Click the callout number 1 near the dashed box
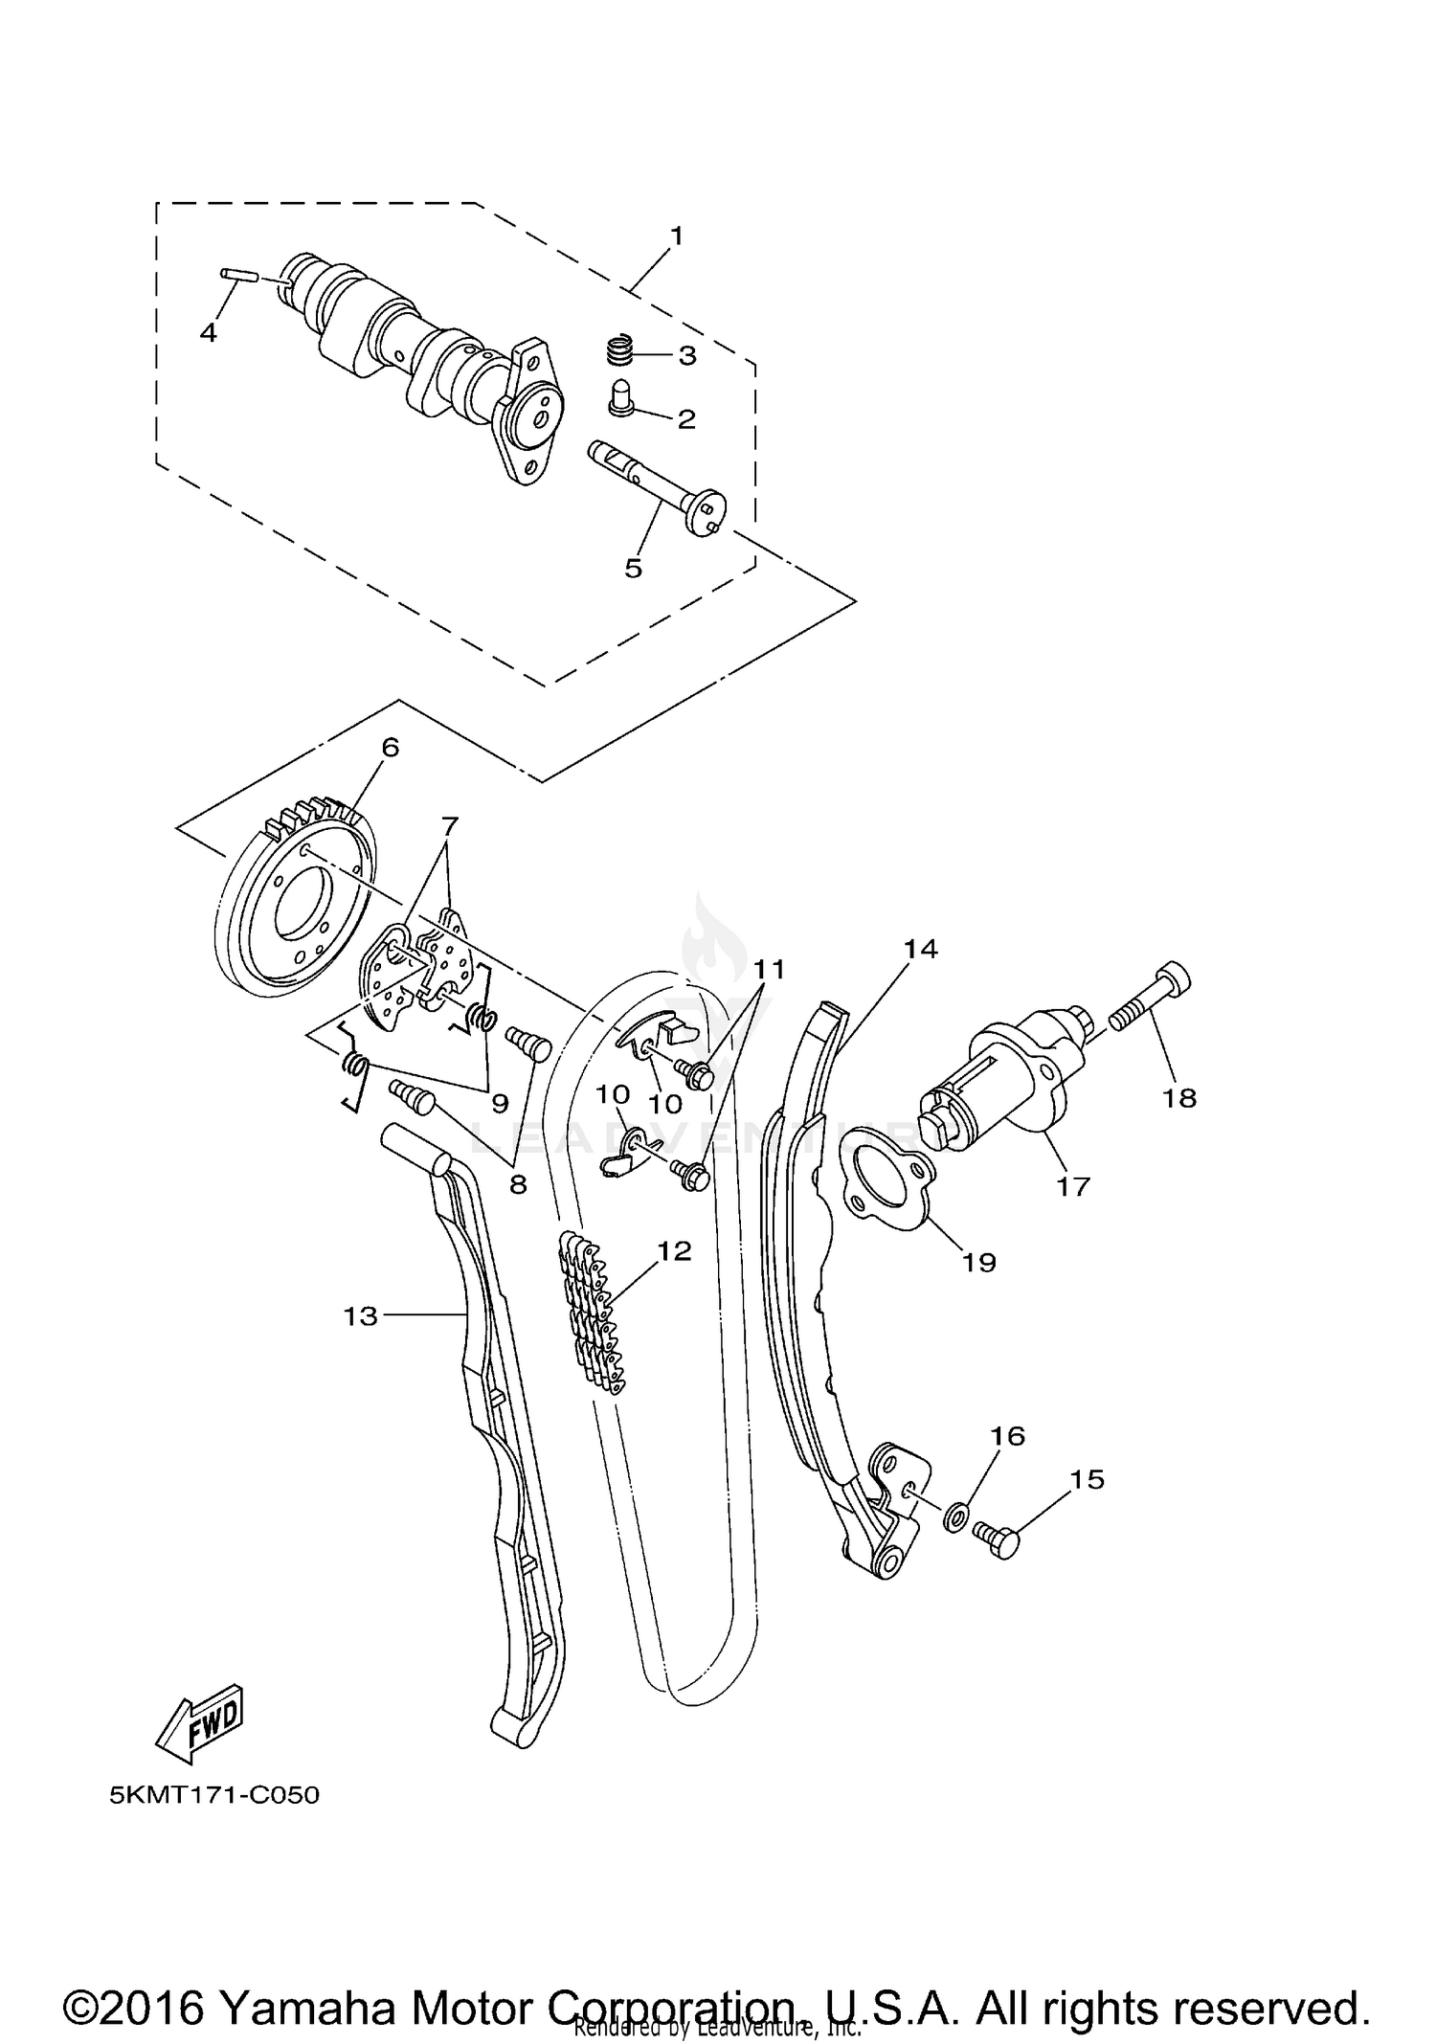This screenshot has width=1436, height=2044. (x=676, y=235)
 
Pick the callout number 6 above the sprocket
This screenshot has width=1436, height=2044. (x=390, y=748)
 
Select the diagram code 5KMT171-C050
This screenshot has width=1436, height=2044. (x=214, y=1794)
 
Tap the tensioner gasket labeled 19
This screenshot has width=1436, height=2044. (x=886, y=1178)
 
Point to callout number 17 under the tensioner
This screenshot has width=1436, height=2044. (x=1073, y=1186)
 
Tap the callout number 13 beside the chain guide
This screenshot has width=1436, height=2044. (x=361, y=1316)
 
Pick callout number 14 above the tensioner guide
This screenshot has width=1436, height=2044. (x=921, y=949)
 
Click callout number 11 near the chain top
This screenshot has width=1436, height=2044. (x=768, y=970)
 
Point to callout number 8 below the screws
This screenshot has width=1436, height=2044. (x=518, y=1185)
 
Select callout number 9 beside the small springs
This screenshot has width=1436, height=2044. (x=500, y=1104)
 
